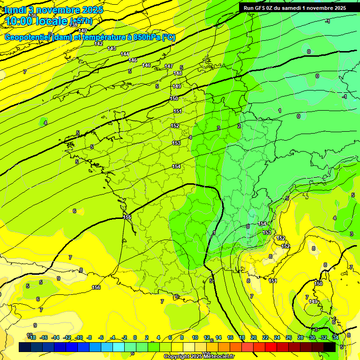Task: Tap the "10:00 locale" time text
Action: (x=36, y=21)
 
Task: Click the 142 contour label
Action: (x=98, y=44)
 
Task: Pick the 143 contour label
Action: (x=112, y=48)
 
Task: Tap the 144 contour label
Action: (x=125, y=54)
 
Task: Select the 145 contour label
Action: (x=133, y=60)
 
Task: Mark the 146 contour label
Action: (x=146, y=65)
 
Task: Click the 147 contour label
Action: (x=169, y=66)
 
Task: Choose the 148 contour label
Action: (x=178, y=73)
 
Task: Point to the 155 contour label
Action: (x=127, y=217)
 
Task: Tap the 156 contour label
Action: (x=96, y=287)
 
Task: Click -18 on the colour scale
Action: (x=32, y=337)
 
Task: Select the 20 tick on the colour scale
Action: (x=253, y=337)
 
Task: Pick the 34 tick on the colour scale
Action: (x=335, y=337)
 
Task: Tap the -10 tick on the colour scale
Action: (x=79, y=337)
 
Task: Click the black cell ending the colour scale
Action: (x=330, y=347)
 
